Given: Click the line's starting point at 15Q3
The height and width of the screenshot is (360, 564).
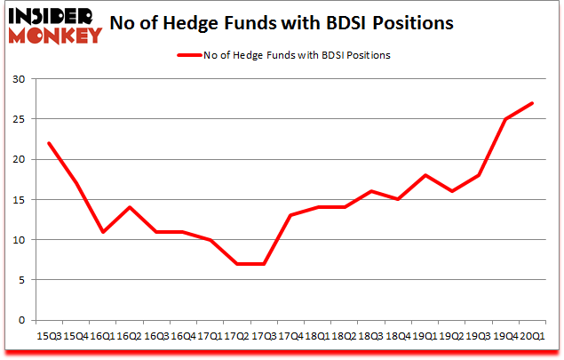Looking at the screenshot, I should click(49, 143).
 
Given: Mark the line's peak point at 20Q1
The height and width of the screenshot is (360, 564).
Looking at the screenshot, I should click(532, 103).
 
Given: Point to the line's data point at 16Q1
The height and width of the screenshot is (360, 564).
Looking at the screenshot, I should click(103, 232).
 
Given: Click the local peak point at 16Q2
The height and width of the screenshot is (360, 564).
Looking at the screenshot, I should click(130, 207).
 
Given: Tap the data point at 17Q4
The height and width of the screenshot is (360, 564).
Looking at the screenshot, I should click(290, 215).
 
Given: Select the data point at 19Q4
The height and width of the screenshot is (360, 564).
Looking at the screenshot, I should click(505, 119).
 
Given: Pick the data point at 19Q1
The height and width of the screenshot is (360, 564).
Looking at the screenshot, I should click(425, 175).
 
